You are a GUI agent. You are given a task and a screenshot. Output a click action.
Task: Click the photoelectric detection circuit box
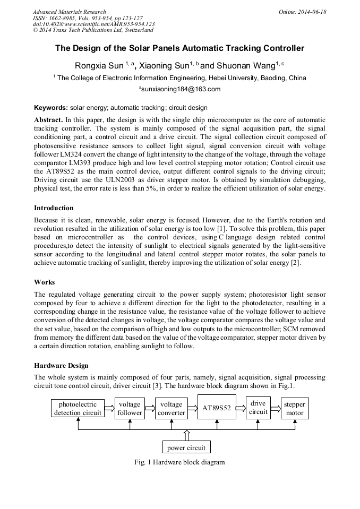pos(78,408)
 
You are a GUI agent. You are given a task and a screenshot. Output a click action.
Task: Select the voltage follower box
pos(130,408)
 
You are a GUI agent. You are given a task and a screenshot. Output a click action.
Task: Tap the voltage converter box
pos(172,408)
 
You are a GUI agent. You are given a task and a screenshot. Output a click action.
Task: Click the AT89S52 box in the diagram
pos(217,408)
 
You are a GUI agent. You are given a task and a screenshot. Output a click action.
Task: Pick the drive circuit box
pos(258,408)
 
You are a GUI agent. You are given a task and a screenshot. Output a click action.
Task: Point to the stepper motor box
pos(295,408)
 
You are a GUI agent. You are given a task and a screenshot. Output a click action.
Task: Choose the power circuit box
pos(186,447)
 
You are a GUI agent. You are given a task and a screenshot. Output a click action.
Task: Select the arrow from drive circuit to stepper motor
pos(276,408)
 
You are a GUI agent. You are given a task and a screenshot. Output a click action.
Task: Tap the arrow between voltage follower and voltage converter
pos(150,408)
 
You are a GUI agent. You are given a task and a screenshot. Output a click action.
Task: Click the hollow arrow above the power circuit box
pos(186,435)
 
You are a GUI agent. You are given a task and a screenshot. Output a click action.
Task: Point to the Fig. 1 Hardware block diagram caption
pos(179,462)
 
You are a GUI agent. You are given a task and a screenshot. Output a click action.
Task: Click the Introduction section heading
pos(54,208)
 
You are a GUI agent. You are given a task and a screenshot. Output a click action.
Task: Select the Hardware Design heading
pos(61,366)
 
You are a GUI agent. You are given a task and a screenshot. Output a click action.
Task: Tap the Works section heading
pos(45,282)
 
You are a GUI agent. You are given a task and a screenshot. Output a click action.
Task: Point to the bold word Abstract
pos(48,120)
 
